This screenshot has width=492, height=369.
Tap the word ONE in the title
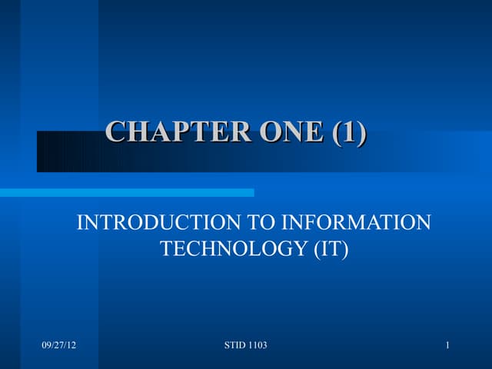293,132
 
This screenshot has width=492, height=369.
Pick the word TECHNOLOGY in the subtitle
232,249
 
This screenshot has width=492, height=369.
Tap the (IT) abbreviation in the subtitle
330,249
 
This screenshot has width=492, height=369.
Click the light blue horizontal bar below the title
127,192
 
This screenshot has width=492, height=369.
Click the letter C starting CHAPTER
114,132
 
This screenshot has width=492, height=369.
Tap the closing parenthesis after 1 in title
361,132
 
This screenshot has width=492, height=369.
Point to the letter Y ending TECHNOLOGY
300,249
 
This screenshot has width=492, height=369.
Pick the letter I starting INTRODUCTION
81,223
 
